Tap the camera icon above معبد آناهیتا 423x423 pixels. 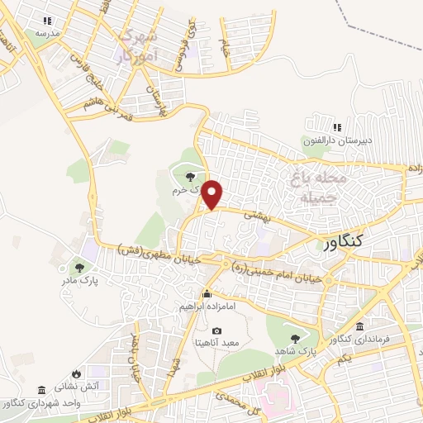[217, 330]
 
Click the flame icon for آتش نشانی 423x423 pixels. [77, 373]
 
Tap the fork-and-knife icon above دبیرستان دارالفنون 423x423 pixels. [335, 127]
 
